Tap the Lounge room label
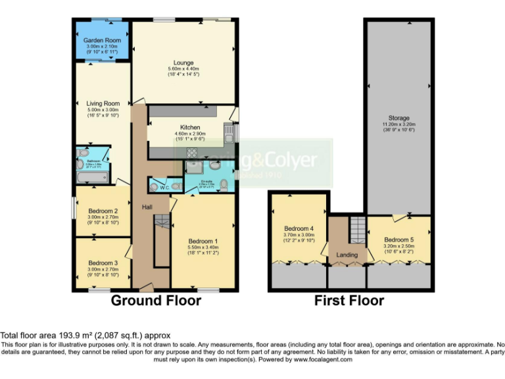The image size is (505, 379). pyautogui.click(x=183, y=63)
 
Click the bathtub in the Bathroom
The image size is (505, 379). pyautogui.click(x=91, y=177)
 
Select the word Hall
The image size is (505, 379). pyautogui.click(x=147, y=207)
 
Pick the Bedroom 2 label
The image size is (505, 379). pyautogui.click(x=103, y=211)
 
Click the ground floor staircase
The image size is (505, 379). pyautogui.click(x=158, y=243)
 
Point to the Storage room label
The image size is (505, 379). pyautogui.click(x=398, y=118)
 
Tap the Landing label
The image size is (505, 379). pyautogui.click(x=347, y=255)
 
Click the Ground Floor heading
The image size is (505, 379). pyautogui.click(x=156, y=301)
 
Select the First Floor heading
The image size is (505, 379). pyautogui.click(x=349, y=301)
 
